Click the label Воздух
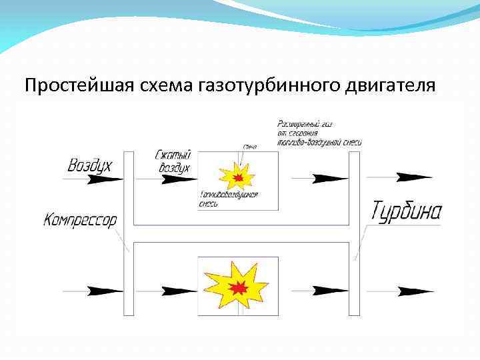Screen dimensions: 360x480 pyautogui.click(x=89, y=165)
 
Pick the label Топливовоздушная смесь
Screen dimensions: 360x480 pyautogui.click(x=228, y=199)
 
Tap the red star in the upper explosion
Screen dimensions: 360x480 pyautogui.click(x=238, y=177)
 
